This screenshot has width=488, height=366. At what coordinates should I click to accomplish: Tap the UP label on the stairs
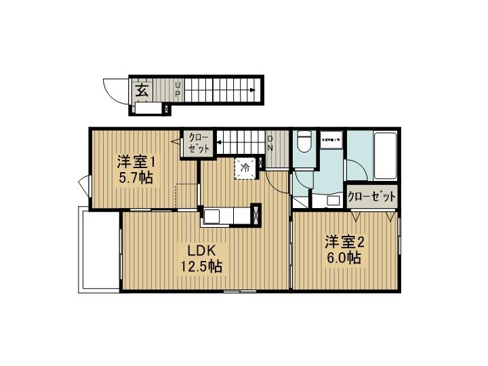(x=178, y=89)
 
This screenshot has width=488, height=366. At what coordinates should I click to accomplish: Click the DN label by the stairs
(x=270, y=144)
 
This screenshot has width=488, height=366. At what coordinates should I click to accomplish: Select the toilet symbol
(x=304, y=142)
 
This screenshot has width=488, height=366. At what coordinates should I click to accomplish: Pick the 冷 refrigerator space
(x=246, y=167)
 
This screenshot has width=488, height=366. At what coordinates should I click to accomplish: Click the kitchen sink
(x=211, y=216)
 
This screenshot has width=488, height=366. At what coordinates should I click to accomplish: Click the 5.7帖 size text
(x=136, y=178)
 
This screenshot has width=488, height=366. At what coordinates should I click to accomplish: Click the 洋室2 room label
(x=345, y=242)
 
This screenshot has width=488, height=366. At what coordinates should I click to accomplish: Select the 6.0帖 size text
(x=345, y=258)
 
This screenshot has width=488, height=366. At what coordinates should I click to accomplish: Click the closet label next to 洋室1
(x=198, y=143)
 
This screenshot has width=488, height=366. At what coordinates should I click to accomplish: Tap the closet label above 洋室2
(x=371, y=197)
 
